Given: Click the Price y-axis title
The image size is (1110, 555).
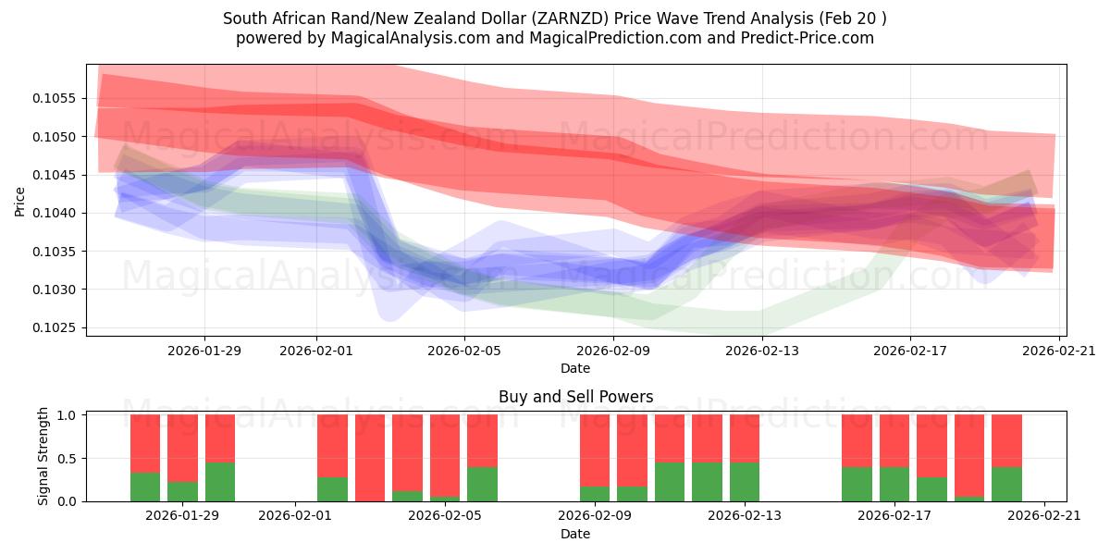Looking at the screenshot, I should tap(20, 200).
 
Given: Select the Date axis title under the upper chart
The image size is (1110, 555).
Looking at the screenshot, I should tap(575, 368).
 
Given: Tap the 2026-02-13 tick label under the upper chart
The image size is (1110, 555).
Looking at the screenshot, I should tap(761, 351).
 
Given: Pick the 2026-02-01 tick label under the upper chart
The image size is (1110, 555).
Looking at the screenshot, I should tap(316, 351).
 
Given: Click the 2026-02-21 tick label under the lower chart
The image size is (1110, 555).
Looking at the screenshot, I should tap(1044, 515).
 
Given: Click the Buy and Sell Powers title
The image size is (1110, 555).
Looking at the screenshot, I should tap(575, 397).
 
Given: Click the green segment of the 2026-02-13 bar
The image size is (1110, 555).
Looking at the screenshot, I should tap(745, 482).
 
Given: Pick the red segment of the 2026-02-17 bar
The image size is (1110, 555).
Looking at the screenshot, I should tap(894, 440).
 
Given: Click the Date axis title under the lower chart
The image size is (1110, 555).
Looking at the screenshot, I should tap(575, 534).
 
